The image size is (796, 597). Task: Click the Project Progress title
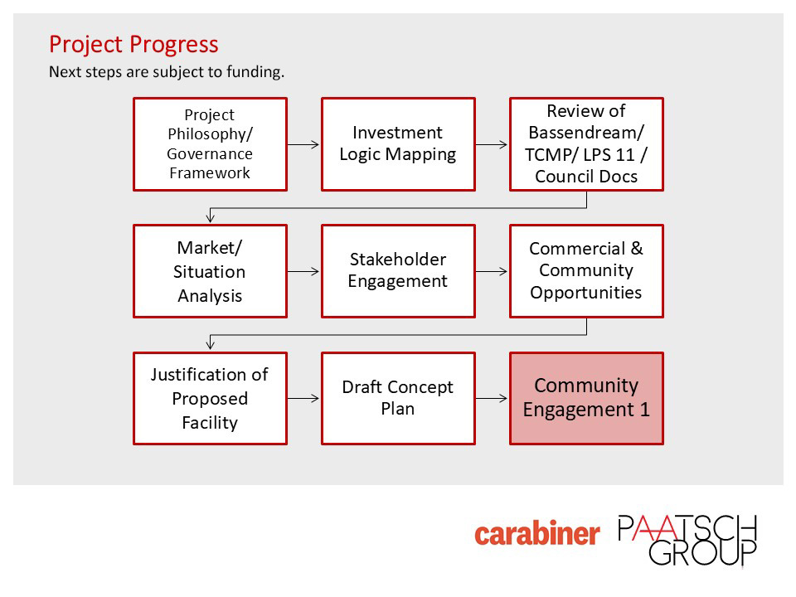tap(133, 45)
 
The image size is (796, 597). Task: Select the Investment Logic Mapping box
tap(399, 144)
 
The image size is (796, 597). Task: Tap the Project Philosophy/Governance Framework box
tap(210, 144)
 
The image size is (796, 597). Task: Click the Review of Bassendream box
tap(587, 144)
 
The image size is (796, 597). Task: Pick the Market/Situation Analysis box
tap(210, 271)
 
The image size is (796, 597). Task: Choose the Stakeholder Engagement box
tap(399, 271)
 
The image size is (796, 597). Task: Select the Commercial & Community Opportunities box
tap(587, 271)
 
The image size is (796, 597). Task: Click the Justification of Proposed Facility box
tap(210, 399)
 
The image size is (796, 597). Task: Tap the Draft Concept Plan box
tap(399, 399)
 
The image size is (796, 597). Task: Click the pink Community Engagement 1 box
tap(587, 399)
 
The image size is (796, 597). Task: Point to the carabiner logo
tap(537, 533)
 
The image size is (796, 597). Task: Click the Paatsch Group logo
tap(687, 540)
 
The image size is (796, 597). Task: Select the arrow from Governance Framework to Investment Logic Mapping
tap(303, 144)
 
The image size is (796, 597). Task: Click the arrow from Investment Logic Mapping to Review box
tap(492, 144)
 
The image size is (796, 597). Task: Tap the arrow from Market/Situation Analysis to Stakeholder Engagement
tap(303, 272)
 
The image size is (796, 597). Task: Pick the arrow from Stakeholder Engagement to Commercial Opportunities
tap(492, 272)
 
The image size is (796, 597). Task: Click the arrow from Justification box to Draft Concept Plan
tap(303, 399)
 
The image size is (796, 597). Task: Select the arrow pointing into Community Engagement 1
tap(492, 399)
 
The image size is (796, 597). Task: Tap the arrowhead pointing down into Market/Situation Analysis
tap(210, 218)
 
